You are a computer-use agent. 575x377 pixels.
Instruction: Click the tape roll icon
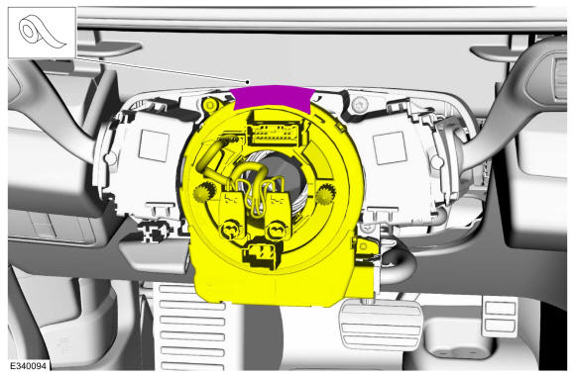[x=43, y=33]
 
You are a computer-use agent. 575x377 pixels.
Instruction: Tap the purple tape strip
[x=273, y=97]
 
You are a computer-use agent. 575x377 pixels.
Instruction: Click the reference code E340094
[x=28, y=366]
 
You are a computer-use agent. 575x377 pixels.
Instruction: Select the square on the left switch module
[x=154, y=145]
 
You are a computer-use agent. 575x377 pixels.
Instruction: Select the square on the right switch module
[x=390, y=147]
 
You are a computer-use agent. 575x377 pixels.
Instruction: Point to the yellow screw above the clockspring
[x=209, y=106]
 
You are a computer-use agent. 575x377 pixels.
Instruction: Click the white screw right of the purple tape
[x=360, y=106]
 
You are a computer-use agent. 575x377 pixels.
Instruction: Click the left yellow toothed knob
[x=203, y=192]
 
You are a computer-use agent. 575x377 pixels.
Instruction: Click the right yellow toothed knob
[x=325, y=194]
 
